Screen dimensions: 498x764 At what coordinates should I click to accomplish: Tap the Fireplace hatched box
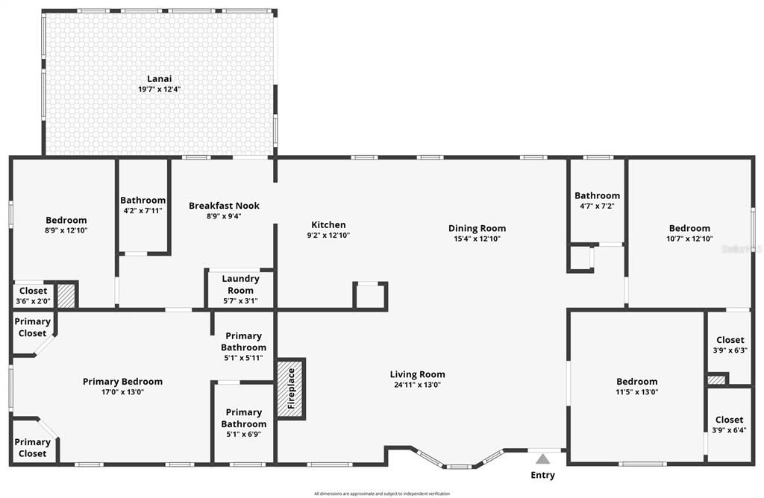pos(291,388)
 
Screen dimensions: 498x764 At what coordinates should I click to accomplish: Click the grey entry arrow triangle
pos(542,459)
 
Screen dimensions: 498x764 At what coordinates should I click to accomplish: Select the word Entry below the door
pos(542,475)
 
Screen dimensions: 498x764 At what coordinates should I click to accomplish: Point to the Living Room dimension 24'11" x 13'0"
pos(417,385)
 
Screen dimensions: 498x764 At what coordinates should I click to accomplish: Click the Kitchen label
pos(328,224)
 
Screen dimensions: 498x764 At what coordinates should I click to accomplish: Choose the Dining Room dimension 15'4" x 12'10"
pos(477,239)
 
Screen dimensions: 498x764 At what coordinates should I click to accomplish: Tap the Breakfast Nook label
pos(224,206)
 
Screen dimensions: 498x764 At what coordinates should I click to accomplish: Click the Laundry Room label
pos(240,285)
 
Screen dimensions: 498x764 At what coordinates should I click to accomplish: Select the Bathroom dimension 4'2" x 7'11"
pos(143,211)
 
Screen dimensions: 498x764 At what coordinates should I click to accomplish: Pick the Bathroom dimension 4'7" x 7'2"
pos(597,207)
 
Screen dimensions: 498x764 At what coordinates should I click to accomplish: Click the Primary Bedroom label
pos(122,382)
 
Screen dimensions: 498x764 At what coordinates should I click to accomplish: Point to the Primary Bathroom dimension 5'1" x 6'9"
pos(244,435)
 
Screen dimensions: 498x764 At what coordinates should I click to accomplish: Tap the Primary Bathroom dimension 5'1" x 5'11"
pos(244,358)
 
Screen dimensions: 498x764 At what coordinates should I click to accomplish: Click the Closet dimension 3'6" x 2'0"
pos(33,301)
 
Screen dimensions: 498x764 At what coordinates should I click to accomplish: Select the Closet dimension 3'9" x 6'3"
pos(730,350)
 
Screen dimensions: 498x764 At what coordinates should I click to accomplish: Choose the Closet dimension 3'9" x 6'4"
pos(729,430)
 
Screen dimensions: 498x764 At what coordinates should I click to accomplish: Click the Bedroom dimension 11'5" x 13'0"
pos(636,392)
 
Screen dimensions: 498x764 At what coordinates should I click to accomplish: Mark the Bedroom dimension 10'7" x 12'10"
pos(689,239)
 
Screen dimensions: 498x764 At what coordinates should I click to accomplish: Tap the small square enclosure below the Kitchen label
pos(370,295)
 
